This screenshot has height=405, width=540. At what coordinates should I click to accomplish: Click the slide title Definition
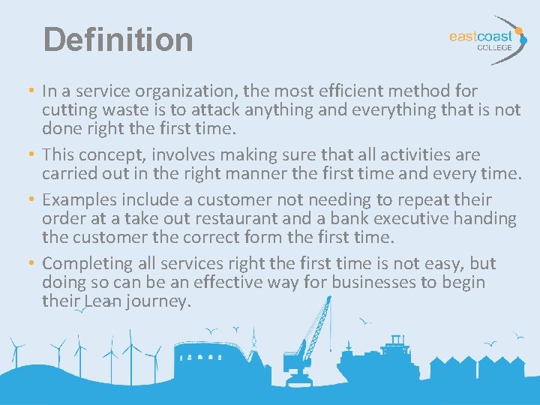[118, 39]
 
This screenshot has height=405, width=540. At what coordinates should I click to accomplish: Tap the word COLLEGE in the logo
[495, 47]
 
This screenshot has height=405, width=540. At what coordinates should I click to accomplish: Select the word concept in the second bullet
[108, 155]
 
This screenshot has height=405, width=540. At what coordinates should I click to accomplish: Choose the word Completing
[89, 265]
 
